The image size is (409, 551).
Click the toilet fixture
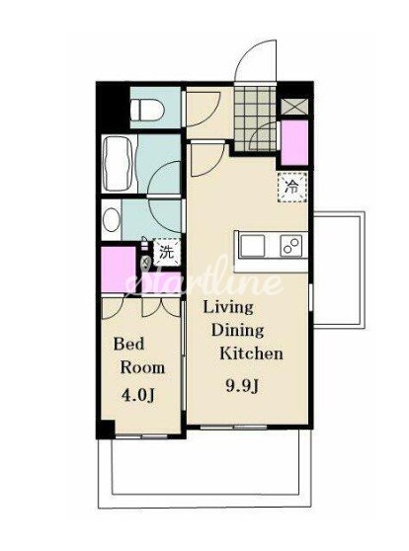[146, 110]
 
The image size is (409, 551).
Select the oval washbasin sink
[112, 219]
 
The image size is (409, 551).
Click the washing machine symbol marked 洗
[166, 252]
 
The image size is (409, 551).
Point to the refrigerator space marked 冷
[292, 187]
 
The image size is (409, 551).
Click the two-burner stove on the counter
[291, 245]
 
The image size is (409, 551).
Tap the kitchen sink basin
[252, 245]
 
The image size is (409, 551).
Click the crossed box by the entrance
[294, 107]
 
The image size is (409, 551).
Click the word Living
[228, 307]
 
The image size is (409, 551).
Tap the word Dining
[237, 331]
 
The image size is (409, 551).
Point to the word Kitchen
[251, 354]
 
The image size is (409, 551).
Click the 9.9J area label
[242, 386]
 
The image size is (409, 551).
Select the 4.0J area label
[138, 395]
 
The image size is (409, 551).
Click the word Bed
[129, 344]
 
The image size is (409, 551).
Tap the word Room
[142, 367]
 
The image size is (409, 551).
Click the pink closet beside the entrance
[294, 142]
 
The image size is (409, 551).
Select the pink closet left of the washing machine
[119, 270]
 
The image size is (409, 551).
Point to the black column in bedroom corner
[106, 429]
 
